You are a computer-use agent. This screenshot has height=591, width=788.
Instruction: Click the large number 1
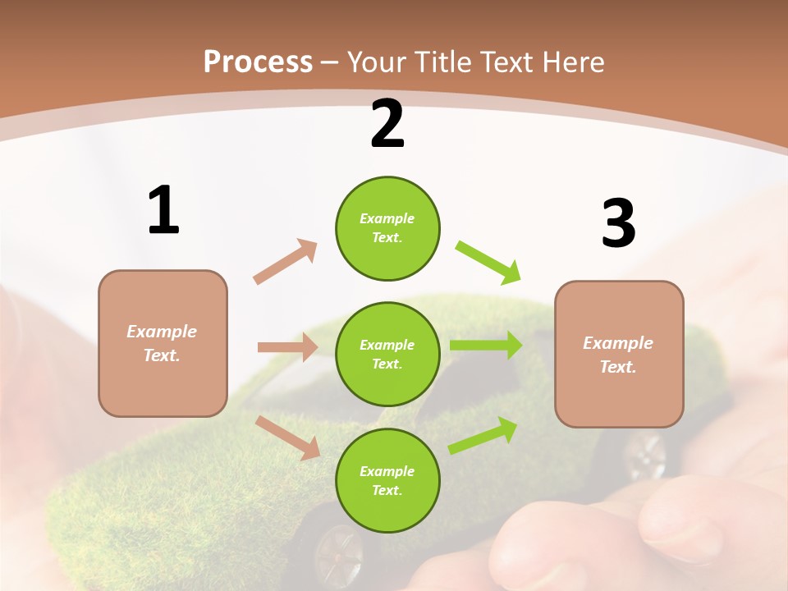[x=163, y=211]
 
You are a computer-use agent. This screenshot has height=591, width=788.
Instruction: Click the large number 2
[x=387, y=124]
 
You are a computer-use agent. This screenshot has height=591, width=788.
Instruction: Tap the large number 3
[x=618, y=223]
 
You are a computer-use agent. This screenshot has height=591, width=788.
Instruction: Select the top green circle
[x=387, y=228]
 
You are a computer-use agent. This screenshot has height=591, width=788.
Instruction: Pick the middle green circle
[x=387, y=355]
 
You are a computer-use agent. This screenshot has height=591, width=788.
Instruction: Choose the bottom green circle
[x=387, y=481]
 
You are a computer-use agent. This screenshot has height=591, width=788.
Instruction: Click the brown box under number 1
[x=163, y=343]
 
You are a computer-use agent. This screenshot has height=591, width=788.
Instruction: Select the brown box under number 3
[x=619, y=354]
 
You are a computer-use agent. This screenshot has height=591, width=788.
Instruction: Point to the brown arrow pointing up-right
[x=286, y=261]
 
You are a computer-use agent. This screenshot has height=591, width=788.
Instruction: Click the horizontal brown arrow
[x=287, y=347]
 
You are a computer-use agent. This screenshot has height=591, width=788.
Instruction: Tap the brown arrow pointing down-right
[x=288, y=437]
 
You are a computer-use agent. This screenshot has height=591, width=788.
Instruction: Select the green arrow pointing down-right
[x=488, y=262]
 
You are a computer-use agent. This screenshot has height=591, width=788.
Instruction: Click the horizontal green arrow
[x=485, y=346]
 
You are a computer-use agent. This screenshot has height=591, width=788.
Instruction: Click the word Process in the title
[x=258, y=62]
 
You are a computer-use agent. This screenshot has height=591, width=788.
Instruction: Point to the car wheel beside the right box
[x=646, y=456]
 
